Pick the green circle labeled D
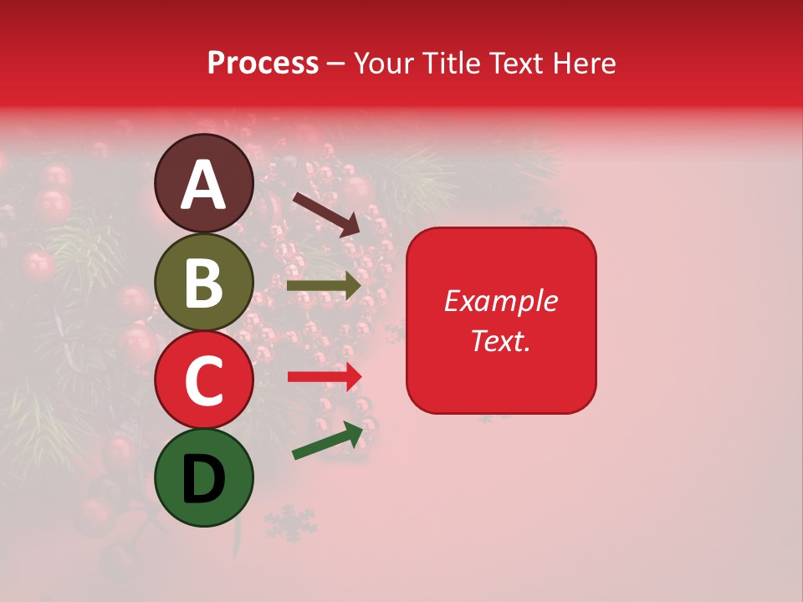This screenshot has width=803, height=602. (x=204, y=477)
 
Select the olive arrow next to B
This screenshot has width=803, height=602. (x=324, y=286)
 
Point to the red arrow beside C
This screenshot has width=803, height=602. (x=325, y=377)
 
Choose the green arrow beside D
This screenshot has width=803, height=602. (x=328, y=441)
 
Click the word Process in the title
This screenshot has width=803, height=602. (x=263, y=64)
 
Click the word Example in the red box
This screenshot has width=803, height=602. (x=500, y=301)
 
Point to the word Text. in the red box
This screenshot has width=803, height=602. (x=500, y=340)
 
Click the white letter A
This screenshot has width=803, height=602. (x=204, y=186)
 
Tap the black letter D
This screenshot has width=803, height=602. (x=204, y=480)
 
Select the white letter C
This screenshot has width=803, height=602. (x=204, y=381)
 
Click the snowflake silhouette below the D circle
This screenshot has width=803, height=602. (x=290, y=523)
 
